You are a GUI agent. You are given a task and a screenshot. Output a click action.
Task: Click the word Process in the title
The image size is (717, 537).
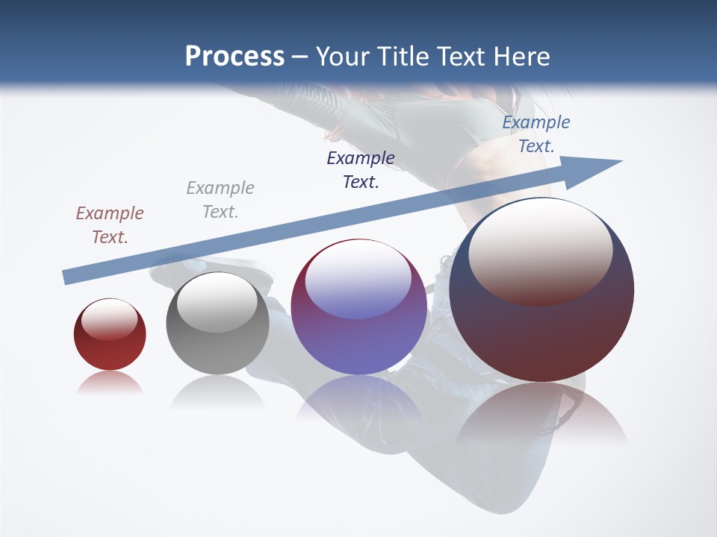[x=235, y=57]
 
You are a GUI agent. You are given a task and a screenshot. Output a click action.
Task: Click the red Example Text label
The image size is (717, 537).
[x=110, y=225]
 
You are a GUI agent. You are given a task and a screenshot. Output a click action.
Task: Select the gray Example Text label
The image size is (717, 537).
[x=220, y=200]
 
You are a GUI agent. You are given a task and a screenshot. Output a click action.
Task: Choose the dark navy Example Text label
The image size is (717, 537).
[x=361, y=170]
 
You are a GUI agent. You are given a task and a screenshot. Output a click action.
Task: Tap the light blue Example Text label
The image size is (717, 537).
[x=536, y=134]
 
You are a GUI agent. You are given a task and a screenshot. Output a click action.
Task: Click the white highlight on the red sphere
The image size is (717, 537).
[x=109, y=319]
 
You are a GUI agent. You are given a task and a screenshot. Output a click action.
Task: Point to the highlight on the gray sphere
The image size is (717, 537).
[x=217, y=302]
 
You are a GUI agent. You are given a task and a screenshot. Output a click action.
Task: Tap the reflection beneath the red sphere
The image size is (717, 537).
[x=110, y=383]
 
